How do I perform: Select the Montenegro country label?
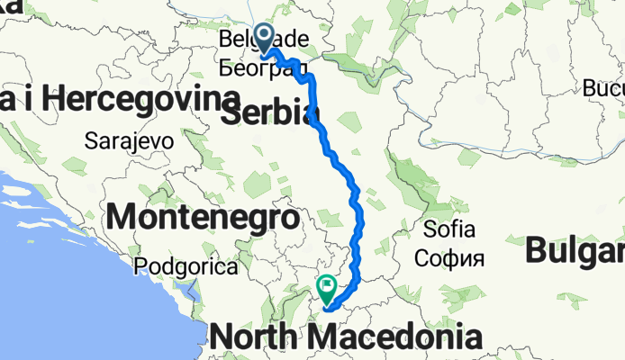[x=203, y=217]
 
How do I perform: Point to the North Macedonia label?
[x=345, y=337]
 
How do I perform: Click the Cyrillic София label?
[x=449, y=259]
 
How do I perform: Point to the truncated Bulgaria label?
[x=575, y=249]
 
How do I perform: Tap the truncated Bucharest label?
[x=602, y=90]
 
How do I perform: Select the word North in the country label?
[x=256, y=337]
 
